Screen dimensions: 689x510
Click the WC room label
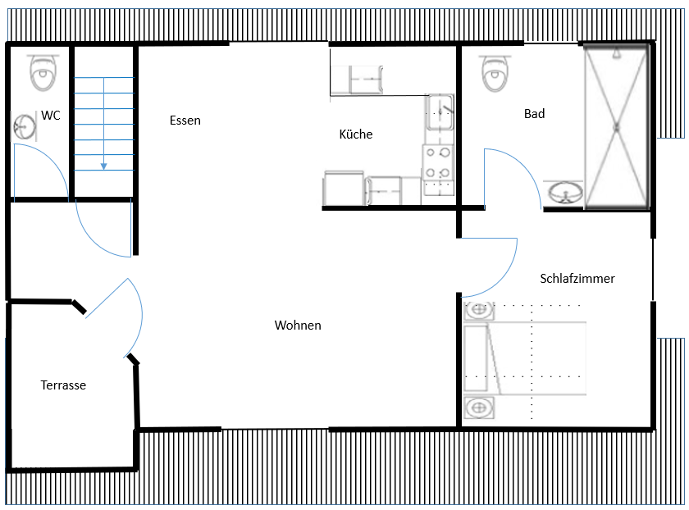click(51, 116)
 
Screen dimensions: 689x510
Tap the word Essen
click(185, 121)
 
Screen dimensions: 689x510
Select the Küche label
click(356, 134)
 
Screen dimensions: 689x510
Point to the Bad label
click(534, 114)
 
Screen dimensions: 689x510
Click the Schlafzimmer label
click(577, 279)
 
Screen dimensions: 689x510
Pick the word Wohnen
click(298, 325)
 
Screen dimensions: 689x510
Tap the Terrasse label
click(63, 385)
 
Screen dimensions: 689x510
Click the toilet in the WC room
click(43, 72)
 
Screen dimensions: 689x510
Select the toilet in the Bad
click(495, 73)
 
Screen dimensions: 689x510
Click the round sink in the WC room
click(24, 127)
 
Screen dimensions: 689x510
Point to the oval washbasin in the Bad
click(565, 193)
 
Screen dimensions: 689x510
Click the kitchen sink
click(439, 112)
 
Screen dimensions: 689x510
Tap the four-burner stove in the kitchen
click(438, 163)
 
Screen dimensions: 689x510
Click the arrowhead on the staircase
click(103, 166)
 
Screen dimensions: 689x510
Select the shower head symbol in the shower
click(617, 53)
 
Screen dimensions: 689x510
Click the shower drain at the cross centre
click(617, 128)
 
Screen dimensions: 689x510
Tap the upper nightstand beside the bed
click(479, 310)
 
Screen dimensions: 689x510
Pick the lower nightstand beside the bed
click(479, 408)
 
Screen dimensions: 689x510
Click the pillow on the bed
click(476, 358)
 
